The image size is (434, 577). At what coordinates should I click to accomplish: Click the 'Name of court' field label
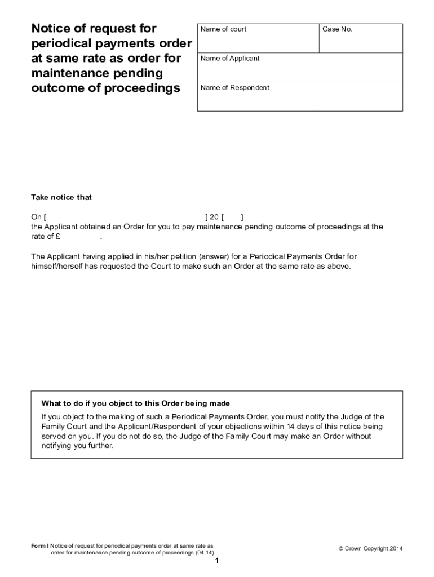point(223,29)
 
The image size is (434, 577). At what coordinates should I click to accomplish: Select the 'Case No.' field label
point(337,29)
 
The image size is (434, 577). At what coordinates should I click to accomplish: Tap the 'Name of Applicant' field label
point(230,59)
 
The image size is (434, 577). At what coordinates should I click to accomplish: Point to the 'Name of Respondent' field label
point(235,88)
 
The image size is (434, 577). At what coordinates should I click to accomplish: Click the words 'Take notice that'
point(61,198)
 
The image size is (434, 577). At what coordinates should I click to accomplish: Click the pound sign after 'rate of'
point(58,237)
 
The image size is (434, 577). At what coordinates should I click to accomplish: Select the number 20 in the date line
point(214,217)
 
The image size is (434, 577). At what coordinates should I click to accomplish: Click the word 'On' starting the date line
point(36,217)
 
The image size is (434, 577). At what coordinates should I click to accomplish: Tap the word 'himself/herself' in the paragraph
point(56,267)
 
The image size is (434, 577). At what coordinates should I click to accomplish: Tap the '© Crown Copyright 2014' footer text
point(370,549)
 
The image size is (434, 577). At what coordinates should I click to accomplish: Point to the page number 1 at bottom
point(216,561)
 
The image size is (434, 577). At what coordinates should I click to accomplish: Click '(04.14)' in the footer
point(205,553)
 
